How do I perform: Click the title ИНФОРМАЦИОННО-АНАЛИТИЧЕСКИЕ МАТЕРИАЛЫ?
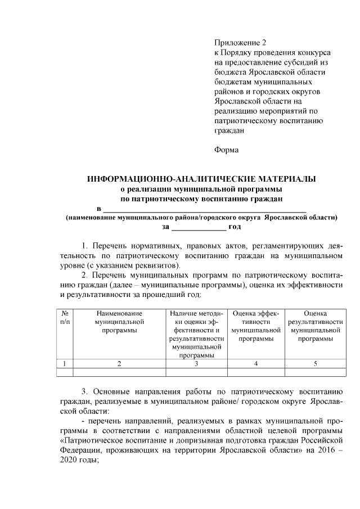click(201, 179)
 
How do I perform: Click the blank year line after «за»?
click(198, 228)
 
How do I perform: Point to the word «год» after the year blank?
click(235, 227)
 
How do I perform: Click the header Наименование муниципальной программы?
click(119, 322)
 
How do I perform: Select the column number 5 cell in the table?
click(315, 363)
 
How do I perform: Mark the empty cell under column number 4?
click(256, 372)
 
